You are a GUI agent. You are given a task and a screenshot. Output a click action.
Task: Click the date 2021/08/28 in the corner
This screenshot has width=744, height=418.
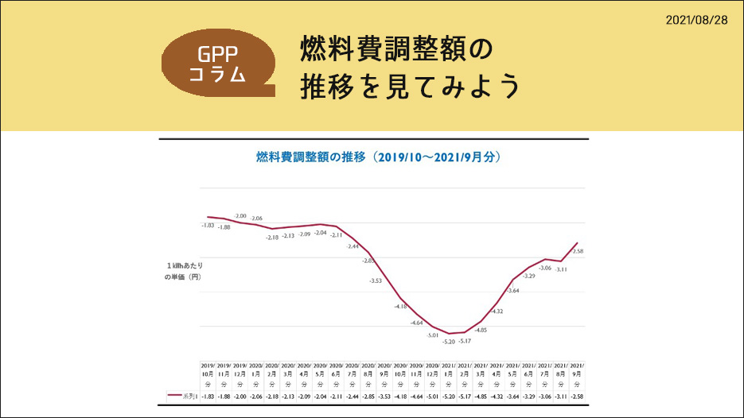[696, 19]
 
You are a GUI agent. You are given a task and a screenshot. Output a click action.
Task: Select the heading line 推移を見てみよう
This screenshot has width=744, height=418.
[410, 87]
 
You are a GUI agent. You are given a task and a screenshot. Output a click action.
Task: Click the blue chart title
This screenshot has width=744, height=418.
[378, 157]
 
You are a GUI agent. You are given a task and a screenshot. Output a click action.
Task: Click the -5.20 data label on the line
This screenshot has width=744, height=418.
[449, 342]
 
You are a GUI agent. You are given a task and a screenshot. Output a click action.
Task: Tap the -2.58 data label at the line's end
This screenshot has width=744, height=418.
[578, 251]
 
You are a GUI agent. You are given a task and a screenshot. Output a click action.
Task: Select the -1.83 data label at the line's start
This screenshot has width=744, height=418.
[208, 226]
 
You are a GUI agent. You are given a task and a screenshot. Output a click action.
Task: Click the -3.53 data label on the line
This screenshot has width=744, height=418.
[376, 281]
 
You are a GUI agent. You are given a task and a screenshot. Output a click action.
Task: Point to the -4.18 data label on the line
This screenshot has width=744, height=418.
[400, 306]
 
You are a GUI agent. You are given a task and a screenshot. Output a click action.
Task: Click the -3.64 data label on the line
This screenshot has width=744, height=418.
[513, 291]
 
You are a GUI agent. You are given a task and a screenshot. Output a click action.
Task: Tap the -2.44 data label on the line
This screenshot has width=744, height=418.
[353, 246]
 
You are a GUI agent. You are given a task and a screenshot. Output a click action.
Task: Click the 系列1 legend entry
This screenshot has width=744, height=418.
[182, 396]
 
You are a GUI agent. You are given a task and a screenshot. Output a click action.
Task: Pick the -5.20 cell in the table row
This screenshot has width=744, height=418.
[450, 396]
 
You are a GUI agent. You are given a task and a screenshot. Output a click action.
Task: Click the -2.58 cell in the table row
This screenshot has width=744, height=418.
[578, 396]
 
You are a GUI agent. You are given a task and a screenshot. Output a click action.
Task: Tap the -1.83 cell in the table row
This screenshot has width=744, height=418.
[208, 396]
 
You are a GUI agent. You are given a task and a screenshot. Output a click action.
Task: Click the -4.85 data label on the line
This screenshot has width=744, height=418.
[481, 329]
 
